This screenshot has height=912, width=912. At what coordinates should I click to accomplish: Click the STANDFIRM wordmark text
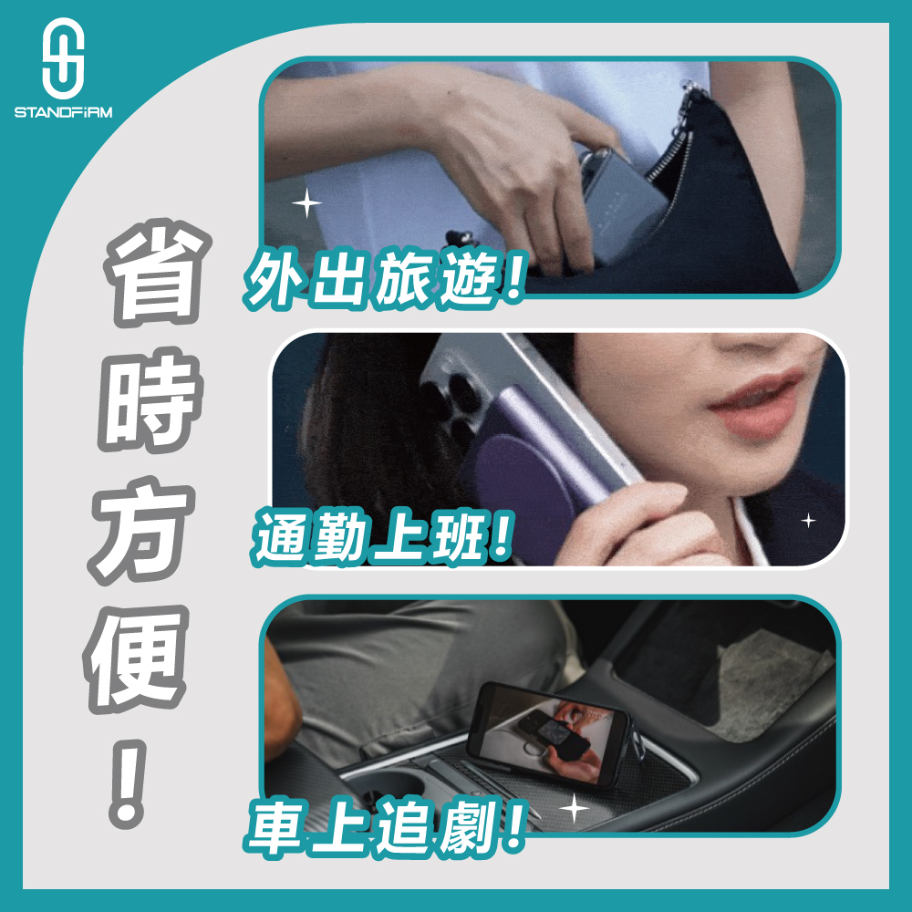[64, 112]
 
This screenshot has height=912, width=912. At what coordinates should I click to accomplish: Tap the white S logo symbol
[64, 58]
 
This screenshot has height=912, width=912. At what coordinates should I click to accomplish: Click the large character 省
[156, 274]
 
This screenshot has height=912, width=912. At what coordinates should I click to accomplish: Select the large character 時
[151, 400]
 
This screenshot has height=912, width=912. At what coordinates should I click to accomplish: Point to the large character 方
[141, 531]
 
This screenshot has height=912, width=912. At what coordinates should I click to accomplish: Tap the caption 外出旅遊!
[385, 278]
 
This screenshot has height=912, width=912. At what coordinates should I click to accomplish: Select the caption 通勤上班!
[383, 537]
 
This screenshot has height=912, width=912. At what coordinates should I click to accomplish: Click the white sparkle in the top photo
[306, 203]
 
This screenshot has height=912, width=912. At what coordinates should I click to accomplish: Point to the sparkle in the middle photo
[808, 520]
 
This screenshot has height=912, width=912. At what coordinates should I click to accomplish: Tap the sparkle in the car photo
[574, 808]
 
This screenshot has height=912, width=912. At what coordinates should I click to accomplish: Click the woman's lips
[756, 404]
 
